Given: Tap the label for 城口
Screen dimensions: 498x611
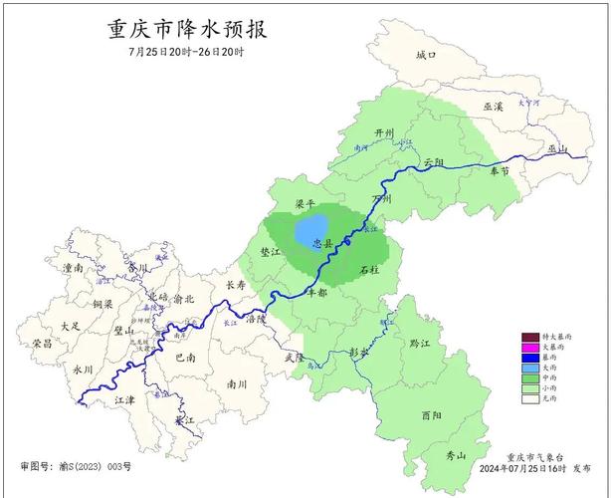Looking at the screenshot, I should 426,55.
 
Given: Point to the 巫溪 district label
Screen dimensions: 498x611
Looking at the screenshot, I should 494,107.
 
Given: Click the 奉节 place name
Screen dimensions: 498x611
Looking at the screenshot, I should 500,171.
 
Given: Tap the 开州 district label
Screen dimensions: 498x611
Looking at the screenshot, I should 385,133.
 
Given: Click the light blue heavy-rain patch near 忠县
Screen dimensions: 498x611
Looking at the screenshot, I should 313,227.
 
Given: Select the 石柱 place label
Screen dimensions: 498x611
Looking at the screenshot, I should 369,270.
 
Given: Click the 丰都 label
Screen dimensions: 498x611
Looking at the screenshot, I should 316,294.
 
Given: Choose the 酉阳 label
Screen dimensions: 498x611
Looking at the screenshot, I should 431,415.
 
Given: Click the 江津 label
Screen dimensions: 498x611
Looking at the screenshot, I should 124,399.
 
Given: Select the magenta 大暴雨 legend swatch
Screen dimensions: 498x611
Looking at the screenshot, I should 531,347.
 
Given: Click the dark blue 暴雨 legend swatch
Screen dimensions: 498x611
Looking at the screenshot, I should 531,357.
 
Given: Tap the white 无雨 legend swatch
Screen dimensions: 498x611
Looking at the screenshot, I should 531,398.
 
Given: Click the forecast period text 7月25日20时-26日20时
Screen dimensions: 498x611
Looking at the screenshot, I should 186,52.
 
